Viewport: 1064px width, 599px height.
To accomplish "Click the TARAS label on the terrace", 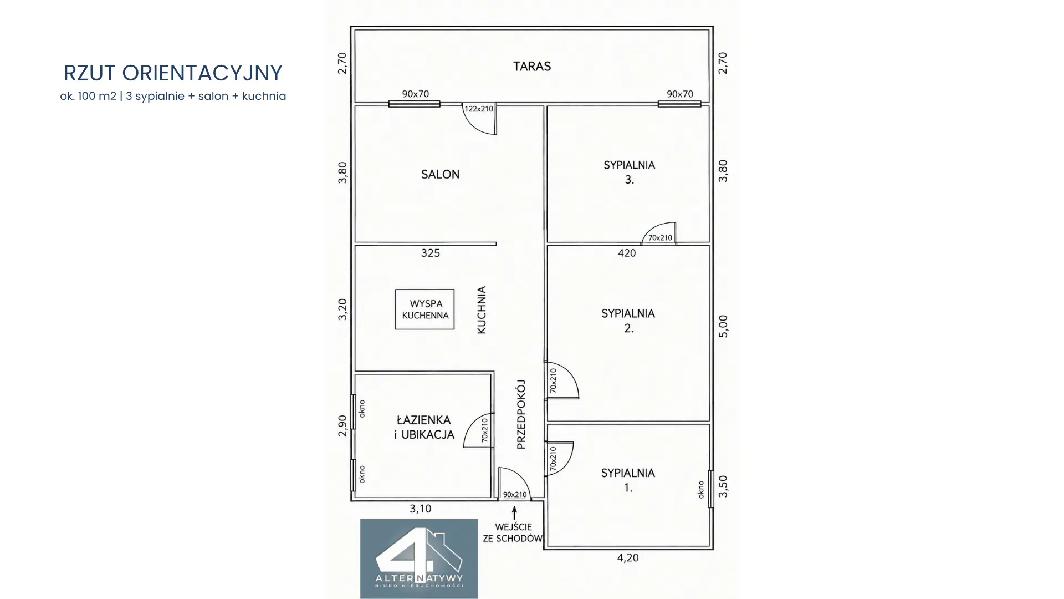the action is coord(532,67).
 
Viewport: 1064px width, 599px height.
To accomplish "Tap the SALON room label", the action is coord(440,174).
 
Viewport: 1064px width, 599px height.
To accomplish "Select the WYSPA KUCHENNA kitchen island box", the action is coord(425,309).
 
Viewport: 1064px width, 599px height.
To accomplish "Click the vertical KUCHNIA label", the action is coord(482,310).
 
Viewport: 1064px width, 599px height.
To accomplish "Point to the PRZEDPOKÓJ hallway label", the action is coord(521,414).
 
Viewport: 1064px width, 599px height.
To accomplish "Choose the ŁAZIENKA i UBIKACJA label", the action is coord(424,427).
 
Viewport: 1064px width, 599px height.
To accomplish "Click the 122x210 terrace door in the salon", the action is coord(480,118).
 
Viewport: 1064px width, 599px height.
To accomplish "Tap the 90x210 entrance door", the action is coord(514,484).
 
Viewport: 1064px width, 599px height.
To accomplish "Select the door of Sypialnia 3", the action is coord(659,233).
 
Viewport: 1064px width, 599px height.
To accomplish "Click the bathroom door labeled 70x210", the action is coord(478,430).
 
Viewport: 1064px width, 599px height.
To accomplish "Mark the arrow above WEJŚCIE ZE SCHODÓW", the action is coord(515,512).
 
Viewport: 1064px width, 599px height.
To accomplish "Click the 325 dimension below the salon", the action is coord(431,253).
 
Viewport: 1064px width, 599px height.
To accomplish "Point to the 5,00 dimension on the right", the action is coord(723,326).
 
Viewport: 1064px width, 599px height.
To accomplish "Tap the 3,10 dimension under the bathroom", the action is coord(420,509).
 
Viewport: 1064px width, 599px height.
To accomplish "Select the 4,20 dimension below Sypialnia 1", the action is coord(628,558).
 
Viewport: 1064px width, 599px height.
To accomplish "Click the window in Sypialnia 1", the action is coord(711,489).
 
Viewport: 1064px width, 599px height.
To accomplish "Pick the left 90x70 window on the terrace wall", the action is coord(415,104).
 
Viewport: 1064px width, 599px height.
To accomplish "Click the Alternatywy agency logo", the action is coord(419,559).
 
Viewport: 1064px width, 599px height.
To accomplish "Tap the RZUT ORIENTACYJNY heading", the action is coord(173,73).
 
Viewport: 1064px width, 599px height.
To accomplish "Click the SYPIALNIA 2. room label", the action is coord(628,321).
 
